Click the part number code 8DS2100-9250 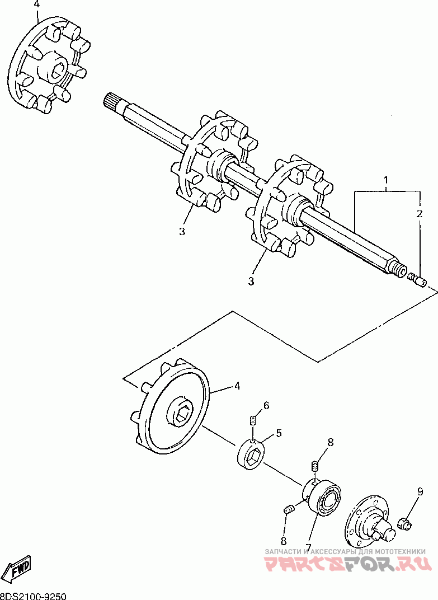[x=34, y=596]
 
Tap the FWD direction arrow [x=17, y=569]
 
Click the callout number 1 [x=385, y=180]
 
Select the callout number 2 [x=418, y=213]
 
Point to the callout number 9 [x=419, y=493]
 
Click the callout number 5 [x=278, y=433]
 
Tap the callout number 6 [x=266, y=405]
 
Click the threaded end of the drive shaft [x=401, y=271]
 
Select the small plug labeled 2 [x=419, y=279]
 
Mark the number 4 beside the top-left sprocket [x=37, y=4]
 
